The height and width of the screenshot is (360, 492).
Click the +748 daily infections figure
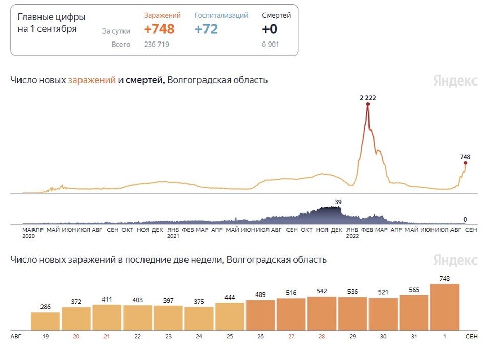point(159,29)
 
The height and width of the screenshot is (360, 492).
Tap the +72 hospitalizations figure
point(206,29)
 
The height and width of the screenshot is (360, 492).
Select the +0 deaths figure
point(270,29)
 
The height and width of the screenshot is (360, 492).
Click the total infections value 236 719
point(156,45)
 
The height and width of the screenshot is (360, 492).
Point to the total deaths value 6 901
point(271,45)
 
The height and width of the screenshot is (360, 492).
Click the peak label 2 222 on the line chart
point(367,97)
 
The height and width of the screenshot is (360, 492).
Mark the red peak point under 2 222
point(367,104)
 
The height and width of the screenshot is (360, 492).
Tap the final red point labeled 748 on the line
point(465,163)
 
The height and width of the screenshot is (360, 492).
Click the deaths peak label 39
point(338,202)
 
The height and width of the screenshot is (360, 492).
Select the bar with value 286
point(46,321)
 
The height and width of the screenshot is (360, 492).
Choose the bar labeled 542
point(322,313)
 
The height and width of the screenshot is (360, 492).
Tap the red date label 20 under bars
point(76,337)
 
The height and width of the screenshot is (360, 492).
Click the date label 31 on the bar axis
point(414,337)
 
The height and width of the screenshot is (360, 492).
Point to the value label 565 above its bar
point(414,290)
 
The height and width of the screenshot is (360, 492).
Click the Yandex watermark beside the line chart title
point(455,81)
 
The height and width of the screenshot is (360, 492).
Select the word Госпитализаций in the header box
point(221,15)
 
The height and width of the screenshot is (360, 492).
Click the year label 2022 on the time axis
point(352,237)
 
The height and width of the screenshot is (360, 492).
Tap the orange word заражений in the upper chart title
point(92,80)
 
